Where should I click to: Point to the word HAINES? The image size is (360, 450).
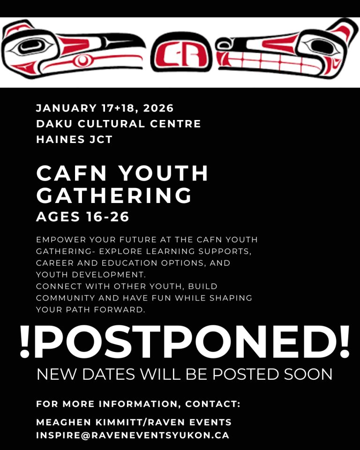tap(60, 139)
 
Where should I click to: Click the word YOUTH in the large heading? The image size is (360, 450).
tap(163, 173)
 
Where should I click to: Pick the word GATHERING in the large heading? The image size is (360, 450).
tap(114, 195)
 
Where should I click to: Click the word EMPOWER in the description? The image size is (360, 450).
tap(61, 240)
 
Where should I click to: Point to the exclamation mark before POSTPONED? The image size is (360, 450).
tap(25, 342)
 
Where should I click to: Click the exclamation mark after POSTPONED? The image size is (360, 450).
tap(344, 342)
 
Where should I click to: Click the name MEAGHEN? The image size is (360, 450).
tap(63, 422)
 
